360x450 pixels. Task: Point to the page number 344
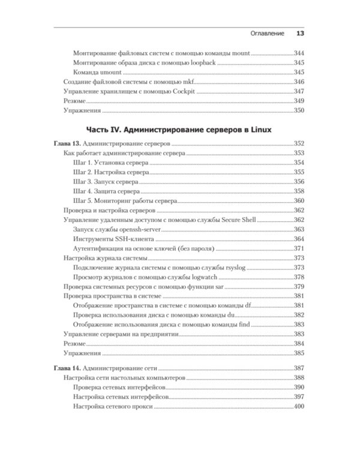pyautogui.click(x=299, y=53)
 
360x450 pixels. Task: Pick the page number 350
pyautogui.click(x=299, y=110)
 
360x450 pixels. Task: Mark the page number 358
pyautogui.click(x=299, y=191)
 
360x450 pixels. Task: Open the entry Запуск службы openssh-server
pyautogui.click(x=118, y=229)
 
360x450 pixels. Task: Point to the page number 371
pyautogui.click(x=299, y=248)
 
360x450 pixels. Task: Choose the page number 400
pyautogui.click(x=299, y=407)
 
